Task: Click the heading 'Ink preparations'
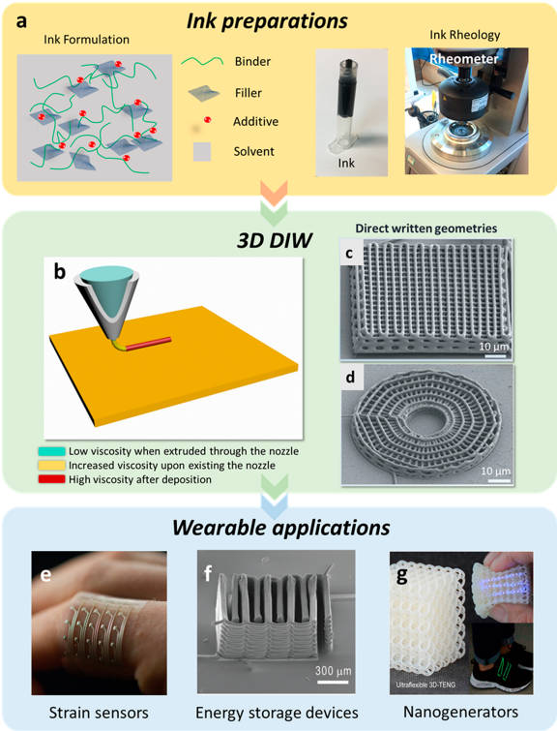(x=267, y=21)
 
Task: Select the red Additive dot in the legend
(x=208, y=120)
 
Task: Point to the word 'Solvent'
(x=253, y=151)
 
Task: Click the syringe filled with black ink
(x=345, y=108)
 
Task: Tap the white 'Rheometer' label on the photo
(x=464, y=59)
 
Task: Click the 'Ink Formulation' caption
(x=87, y=39)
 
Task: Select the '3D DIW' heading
(x=275, y=240)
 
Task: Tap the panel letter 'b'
(x=59, y=271)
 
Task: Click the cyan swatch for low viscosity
(x=51, y=451)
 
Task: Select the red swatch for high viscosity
(x=51, y=479)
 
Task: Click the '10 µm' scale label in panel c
(x=494, y=347)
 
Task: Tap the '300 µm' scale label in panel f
(x=333, y=671)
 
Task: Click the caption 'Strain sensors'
(x=99, y=713)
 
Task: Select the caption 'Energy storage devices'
(x=277, y=713)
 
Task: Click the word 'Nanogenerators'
(x=460, y=712)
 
